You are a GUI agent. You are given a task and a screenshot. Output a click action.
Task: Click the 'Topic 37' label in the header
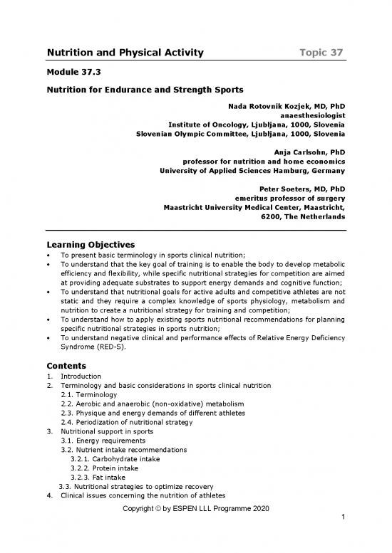tap(319, 53)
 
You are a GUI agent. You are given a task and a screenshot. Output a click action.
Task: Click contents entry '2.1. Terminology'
tap(89, 394)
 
